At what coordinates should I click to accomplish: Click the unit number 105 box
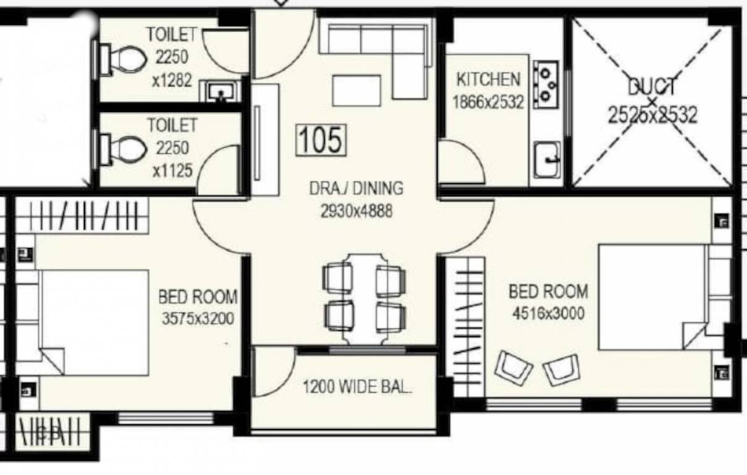pos(322,139)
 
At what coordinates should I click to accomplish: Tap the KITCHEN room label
pos(488,80)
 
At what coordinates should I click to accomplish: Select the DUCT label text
pos(652,87)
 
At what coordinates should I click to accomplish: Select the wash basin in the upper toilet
pos(220,93)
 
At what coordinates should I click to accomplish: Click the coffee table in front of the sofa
pos(357,91)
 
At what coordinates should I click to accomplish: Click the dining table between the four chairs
pos(364,298)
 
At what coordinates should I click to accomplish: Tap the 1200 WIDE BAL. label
pos(357,388)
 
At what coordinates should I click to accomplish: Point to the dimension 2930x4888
pos(356,211)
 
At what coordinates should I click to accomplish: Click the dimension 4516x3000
pos(548,313)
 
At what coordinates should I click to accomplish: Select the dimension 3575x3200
pos(198,319)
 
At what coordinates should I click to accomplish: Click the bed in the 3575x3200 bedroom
pos(93,322)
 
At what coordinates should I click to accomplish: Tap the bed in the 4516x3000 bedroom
pos(652,297)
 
